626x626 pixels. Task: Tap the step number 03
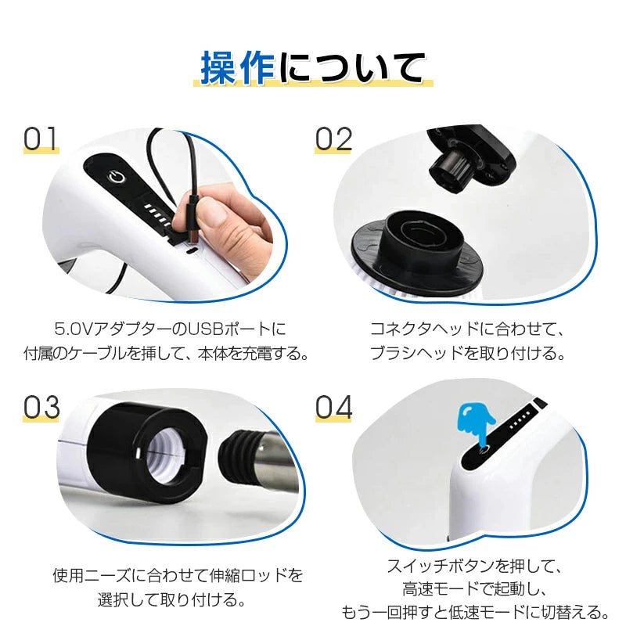click(x=41, y=408)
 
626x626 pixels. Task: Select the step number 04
click(x=334, y=408)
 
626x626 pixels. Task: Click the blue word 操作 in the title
click(x=239, y=67)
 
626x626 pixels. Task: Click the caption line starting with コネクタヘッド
click(x=466, y=326)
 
